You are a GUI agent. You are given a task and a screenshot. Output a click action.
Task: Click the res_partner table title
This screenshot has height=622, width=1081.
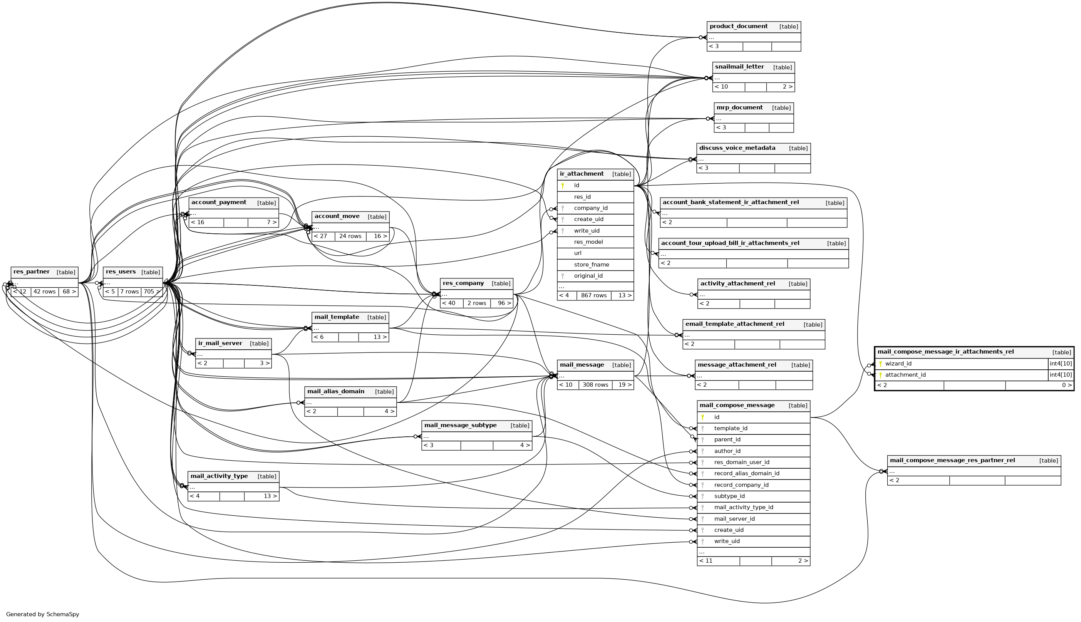click(32, 272)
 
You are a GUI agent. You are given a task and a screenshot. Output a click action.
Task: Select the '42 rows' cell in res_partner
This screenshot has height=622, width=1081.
click(44, 292)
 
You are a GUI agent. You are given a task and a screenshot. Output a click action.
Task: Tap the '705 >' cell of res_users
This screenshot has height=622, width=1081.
click(152, 292)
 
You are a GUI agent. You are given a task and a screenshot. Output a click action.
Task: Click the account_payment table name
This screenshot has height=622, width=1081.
click(219, 203)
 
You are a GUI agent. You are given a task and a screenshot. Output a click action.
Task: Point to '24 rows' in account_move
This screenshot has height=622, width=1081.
click(350, 236)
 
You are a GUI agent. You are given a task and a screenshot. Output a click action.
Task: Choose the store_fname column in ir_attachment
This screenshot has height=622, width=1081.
click(591, 265)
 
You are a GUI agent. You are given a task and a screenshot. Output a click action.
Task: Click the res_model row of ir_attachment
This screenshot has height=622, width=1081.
click(588, 242)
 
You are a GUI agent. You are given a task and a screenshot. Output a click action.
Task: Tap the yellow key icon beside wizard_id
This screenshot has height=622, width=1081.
click(880, 364)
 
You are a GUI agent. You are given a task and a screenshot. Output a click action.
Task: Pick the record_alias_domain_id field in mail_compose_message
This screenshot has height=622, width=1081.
click(747, 473)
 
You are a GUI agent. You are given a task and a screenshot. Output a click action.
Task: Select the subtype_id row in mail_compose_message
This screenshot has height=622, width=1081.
click(729, 496)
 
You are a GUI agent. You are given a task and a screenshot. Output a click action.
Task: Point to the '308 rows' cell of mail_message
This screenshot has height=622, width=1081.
click(595, 385)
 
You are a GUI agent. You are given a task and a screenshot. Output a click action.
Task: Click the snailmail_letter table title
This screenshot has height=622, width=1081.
click(739, 67)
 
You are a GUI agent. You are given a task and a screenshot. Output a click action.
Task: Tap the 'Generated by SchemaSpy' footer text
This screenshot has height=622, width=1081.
click(43, 614)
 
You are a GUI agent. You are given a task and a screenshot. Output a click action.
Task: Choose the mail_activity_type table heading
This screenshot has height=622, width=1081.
click(219, 476)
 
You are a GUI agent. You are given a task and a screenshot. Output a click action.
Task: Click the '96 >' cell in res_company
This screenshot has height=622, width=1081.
click(501, 303)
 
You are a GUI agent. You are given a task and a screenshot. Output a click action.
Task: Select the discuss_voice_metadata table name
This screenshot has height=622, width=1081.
click(737, 148)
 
